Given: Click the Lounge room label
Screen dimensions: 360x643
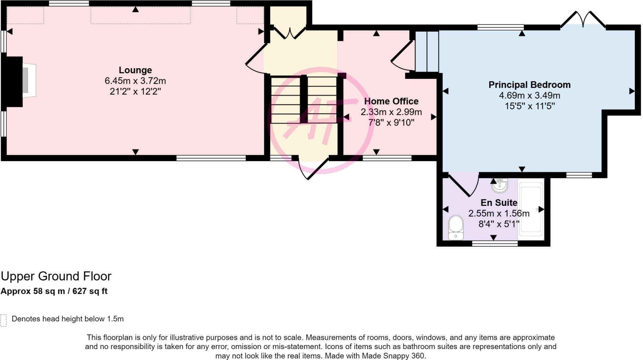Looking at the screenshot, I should click(x=135, y=70).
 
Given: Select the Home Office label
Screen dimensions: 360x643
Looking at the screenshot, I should click(x=391, y=101).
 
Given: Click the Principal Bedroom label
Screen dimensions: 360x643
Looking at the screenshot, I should click(x=529, y=85).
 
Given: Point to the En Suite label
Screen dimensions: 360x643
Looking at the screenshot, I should click(x=499, y=203).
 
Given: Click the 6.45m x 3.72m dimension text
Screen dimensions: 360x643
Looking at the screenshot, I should click(x=135, y=81).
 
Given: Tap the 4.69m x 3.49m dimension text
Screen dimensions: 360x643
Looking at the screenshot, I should click(x=529, y=95).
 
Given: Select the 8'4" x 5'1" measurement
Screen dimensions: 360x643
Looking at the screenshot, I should click(x=499, y=224).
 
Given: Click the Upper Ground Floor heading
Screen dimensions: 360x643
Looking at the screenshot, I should click(x=56, y=276).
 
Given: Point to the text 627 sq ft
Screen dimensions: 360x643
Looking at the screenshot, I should click(x=90, y=291).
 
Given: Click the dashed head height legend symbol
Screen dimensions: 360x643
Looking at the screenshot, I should click(x=3, y=320).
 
